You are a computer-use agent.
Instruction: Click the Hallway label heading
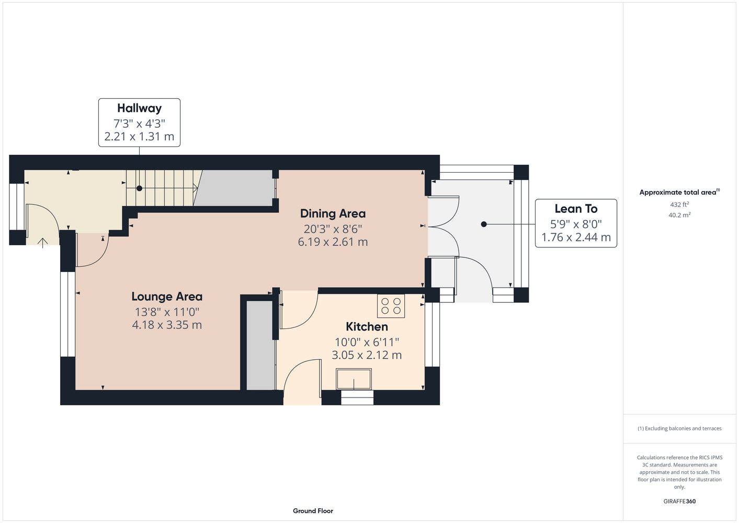[x=139, y=108]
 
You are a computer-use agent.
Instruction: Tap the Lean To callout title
[x=576, y=209]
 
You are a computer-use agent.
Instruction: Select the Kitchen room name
[x=367, y=327]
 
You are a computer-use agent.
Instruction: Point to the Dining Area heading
[x=333, y=213]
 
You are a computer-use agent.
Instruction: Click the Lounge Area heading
[x=167, y=297]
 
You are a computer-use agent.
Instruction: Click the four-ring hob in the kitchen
[x=391, y=306]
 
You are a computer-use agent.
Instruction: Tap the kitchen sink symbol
[x=354, y=379]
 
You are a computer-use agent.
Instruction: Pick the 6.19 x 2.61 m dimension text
[x=333, y=242]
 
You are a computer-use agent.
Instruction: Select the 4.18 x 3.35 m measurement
[x=167, y=325]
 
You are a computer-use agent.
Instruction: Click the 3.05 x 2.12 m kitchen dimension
[x=367, y=355]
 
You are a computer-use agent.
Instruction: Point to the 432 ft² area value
[x=679, y=204]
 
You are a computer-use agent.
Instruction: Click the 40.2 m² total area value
[x=679, y=215]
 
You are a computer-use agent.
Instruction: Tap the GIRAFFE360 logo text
[x=679, y=501]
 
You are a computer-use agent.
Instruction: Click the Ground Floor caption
[x=313, y=511]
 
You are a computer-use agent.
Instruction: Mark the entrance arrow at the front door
[x=42, y=243]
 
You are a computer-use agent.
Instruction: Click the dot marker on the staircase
[x=140, y=188]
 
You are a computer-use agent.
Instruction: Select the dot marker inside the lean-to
[x=484, y=224]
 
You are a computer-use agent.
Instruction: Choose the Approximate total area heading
[x=679, y=192]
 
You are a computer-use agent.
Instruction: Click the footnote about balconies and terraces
[x=679, y=428]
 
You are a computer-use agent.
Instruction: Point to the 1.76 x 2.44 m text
[x=576, y=237]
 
